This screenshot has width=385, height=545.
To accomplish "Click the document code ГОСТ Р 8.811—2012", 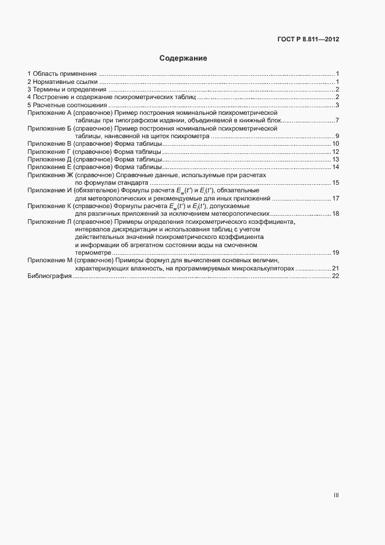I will coord(308,40).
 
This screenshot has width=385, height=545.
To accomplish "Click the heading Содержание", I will coord(183,59).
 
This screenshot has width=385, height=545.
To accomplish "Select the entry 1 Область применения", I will coord(62,74).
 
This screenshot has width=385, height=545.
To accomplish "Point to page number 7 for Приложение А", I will coord(337,121).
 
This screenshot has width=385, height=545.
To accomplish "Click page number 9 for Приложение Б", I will coord(337,136).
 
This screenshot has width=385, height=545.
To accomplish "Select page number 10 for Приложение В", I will coord(335,144).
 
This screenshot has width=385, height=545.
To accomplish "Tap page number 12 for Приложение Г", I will coord(335,152).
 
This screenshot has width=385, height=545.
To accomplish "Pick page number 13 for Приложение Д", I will coord(335,160).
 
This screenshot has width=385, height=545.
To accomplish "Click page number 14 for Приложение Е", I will coord(335,167).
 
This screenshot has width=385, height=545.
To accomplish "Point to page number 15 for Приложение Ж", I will coord(335,183).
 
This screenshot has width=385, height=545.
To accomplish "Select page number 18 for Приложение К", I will coord(335,214).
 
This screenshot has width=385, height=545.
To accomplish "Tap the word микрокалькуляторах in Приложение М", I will coord(261,268).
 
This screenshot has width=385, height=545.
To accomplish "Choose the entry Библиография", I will coord(49,276).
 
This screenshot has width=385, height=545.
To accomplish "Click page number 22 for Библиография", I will coord(335,276).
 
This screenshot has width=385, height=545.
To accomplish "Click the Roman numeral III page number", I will coord(336,495).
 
